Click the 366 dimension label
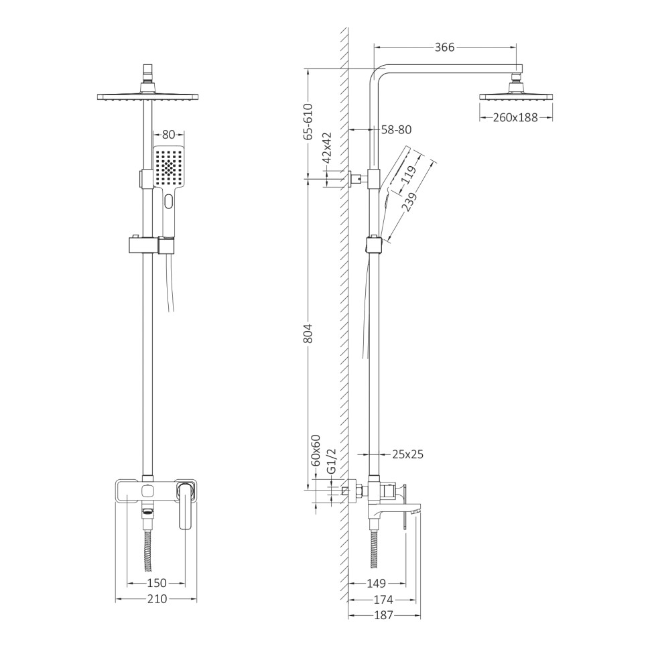point(444,47)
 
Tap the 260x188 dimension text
point(516,117)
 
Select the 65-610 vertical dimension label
point(308,121)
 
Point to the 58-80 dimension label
point(396,130)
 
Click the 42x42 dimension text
point(327,148)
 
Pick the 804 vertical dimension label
point(308,335)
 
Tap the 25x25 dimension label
point(407,454)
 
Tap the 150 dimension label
point(155,583)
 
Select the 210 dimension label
point(155,599)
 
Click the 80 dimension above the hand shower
point(168,133)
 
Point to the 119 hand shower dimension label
point(408,176)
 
